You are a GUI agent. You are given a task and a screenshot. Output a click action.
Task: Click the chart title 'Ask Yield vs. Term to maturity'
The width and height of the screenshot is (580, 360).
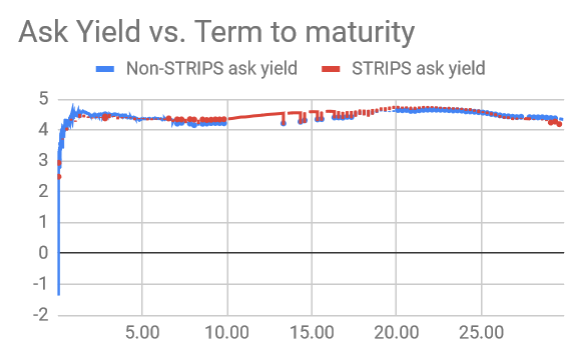pos(215,33)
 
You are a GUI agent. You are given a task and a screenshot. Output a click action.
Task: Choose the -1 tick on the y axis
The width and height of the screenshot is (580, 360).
pos(40,284)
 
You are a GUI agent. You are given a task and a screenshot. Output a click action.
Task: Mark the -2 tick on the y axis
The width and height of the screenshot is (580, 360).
pos(40,315)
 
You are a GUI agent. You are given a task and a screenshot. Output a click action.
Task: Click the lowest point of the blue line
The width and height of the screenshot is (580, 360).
pos(58,293)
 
